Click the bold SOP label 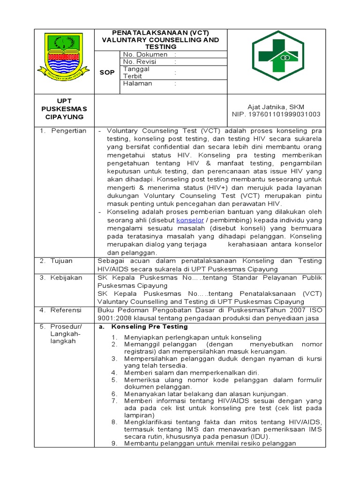tap(107, 72)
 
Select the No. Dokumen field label tap(145, 54)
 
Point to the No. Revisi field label tap(142, 61)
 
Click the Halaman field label tap(137, 83)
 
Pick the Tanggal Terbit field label tap(136, 72)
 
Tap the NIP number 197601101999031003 tap(276, 114)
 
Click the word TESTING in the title tap(161, 47)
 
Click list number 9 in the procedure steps tap(114, 443)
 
